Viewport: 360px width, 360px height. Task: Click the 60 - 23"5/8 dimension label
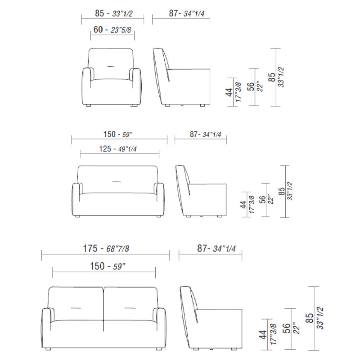[112, 30]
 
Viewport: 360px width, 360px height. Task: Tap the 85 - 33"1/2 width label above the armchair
[114, 13]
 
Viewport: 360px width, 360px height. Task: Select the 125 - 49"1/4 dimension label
[118, 149]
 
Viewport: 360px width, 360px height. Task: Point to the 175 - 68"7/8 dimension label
[106, 248]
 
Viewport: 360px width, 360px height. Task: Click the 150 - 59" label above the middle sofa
[118, 134]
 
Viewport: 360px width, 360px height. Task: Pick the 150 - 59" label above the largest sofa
[108, 266]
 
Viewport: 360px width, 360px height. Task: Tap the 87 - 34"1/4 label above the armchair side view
[186, 13]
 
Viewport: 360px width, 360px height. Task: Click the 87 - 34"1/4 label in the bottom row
[216, 248]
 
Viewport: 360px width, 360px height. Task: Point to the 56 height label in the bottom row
[287, 328]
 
